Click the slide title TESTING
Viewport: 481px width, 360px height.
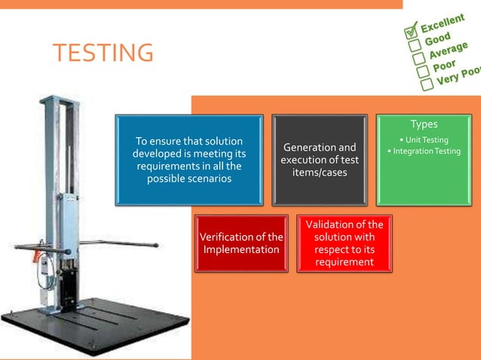pyautogui.click(x=103, y=53)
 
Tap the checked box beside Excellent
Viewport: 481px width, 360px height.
pyautogui.click(x=412, y=31)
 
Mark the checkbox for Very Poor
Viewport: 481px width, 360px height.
pyautogui.click(x=427, y=84)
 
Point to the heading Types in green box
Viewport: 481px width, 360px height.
pyautogui.click(x=424, y=124)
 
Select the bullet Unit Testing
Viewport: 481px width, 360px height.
pyautogui.click(x=424, y=140)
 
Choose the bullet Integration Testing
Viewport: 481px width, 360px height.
pyautogui.click(x=424, y=151)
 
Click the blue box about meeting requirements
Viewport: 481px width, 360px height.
pyautogui.click(x=188, y=160)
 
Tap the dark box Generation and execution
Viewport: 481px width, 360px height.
pyautogui.click(x=319, y=160)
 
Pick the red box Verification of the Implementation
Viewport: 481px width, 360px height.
pyautogui.click(x=240, y=243)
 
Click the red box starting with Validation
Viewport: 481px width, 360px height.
pyautogui.click(x=343, y=243)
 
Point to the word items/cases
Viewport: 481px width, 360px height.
pyautogui.click(x=319, y=173)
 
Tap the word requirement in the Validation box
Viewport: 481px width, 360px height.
pyautogui.click(x=344, y=261)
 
